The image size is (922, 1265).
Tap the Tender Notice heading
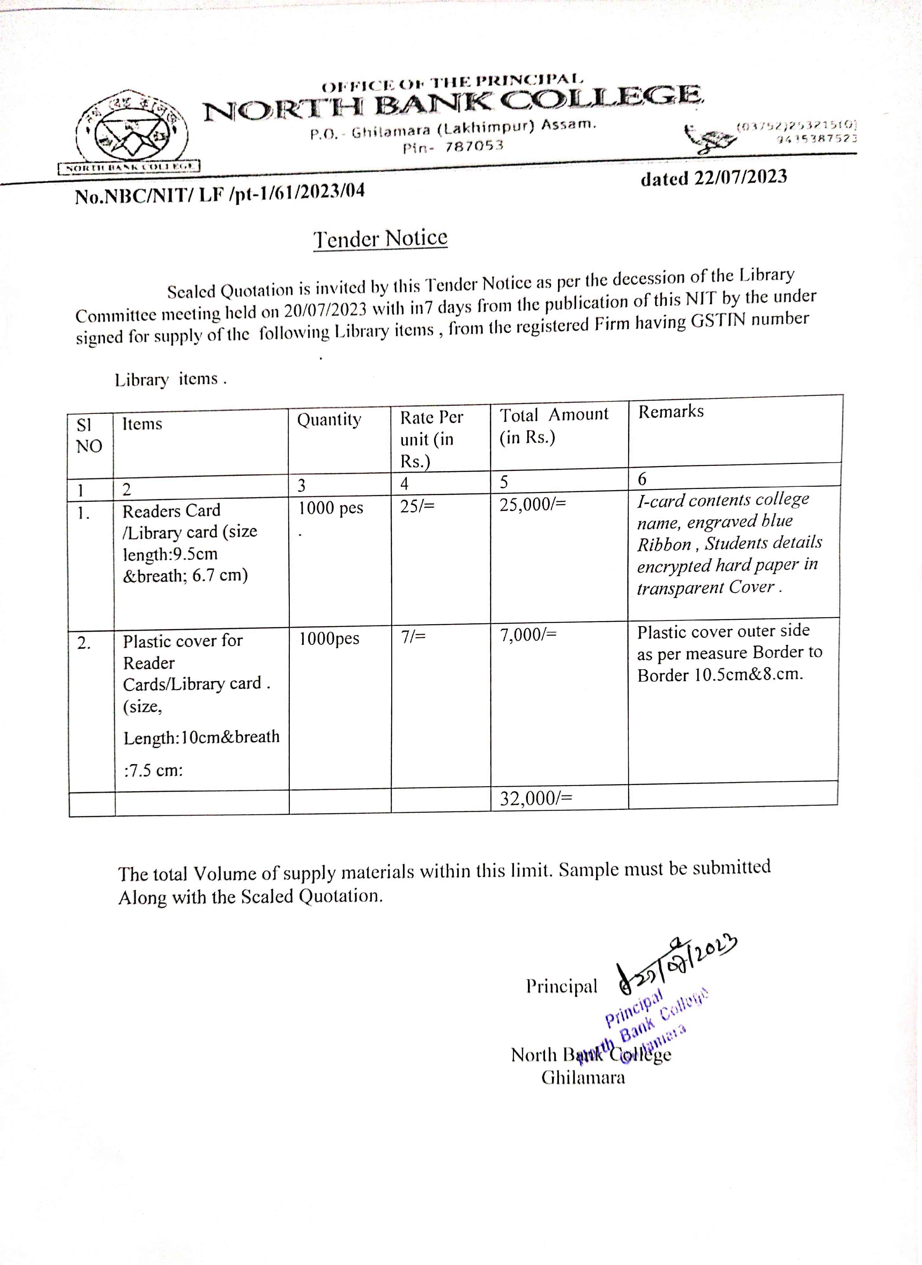click(380, 238)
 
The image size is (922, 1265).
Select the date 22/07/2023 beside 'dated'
click(740, 177)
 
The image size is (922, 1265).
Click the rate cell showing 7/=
click(413, 636)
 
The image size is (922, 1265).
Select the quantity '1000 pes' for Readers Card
click(330, 508)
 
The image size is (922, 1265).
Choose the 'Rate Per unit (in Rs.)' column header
click(431, 439)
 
